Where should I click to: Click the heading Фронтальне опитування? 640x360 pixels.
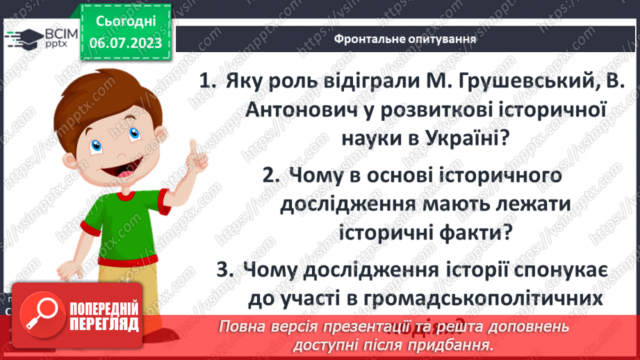[405, 39]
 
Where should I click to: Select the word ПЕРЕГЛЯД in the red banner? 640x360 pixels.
[104, 325]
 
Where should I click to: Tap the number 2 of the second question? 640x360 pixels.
[270, 177]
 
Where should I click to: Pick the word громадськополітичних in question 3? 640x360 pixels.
[482, 298]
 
